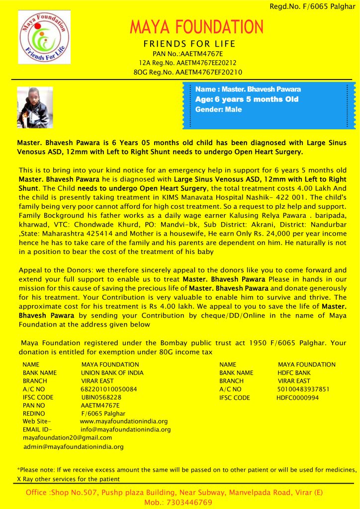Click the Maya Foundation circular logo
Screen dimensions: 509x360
[44, 37]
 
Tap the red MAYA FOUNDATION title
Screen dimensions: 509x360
[196, 27]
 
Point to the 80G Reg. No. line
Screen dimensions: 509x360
[188, 72]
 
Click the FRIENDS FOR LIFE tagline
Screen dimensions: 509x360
[189, 44]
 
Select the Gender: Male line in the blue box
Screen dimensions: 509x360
[218, 109]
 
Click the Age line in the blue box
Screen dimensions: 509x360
[247, 99]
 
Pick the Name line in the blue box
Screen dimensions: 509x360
[248, 89]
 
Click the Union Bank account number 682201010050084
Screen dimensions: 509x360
[109, 389]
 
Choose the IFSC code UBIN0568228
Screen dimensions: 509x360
[101, 398]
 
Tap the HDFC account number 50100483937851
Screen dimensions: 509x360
[303, 389]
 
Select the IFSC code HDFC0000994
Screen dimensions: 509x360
[297, 398]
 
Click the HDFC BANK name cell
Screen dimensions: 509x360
[294, 372]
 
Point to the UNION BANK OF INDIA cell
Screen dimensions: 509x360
[112, 372]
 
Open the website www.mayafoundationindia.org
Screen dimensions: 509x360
[123, 422]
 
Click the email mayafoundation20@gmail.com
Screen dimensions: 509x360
[68, 438]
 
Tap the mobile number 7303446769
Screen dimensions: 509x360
[191, 503]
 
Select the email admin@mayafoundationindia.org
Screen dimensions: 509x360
[74, 447]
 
